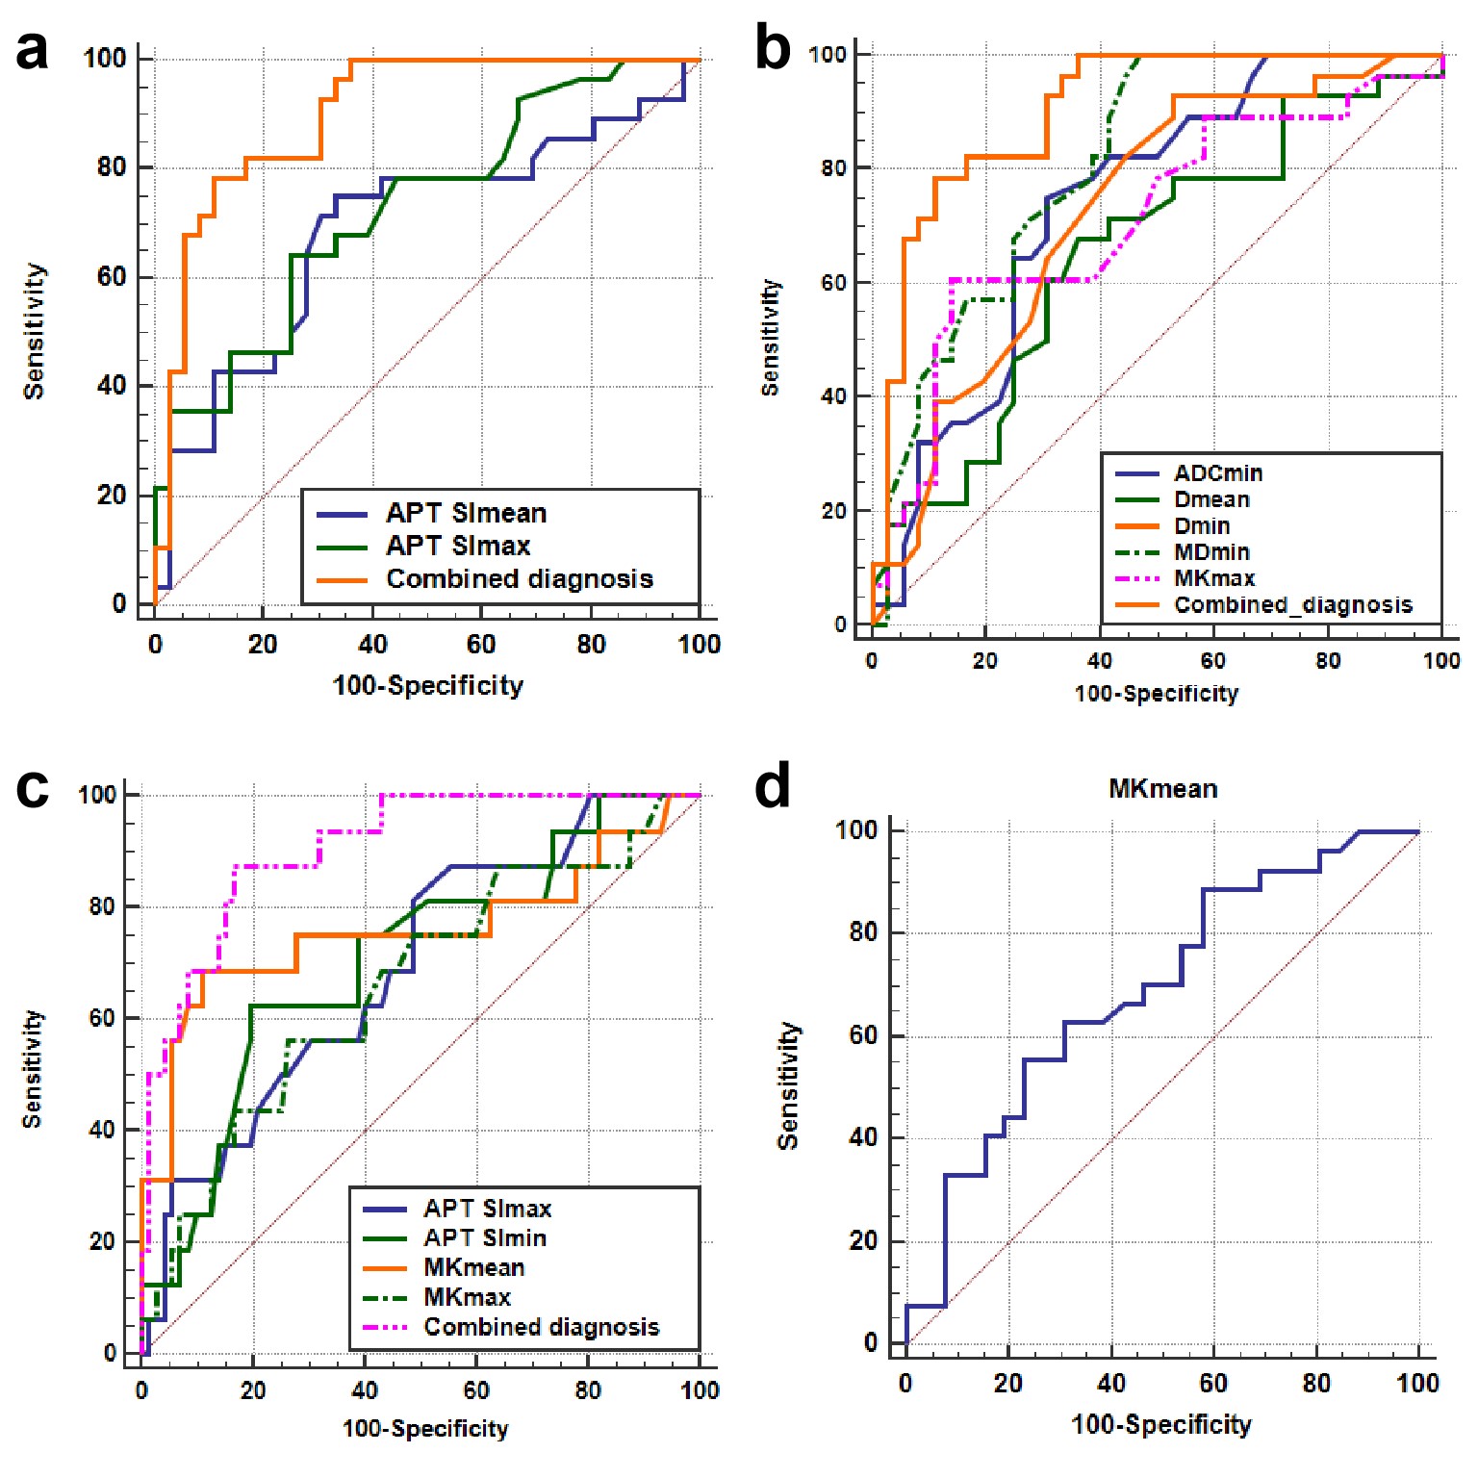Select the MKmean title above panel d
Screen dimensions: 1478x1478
[1162, 790]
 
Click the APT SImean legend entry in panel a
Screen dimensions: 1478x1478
[466, 513]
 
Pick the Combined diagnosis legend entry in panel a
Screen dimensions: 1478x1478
[520, 579]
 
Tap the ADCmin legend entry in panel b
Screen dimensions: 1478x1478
[1218, 473]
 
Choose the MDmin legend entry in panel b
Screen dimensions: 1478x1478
[1211, 552]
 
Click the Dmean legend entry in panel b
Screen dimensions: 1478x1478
[1211, 499]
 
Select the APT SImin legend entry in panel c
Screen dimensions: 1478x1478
[485, 1238]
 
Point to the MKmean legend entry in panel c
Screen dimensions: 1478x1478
[474, 1268]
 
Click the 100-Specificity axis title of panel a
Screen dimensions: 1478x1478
[428, 686]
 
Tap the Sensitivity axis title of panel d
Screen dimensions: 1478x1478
[788, 1086]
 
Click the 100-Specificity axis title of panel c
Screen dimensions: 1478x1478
[425, 1429]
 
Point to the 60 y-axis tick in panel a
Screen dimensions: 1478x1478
[112, 277]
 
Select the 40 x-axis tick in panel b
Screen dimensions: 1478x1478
[1099, 660]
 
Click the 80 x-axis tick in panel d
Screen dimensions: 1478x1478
[1315, 1384]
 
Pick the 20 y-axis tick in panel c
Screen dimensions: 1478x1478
[103, 1242]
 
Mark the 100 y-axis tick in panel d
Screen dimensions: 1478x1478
[856, 830]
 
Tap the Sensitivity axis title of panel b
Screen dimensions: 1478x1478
[770, 338]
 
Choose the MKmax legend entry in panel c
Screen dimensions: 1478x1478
[467, 1298]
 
